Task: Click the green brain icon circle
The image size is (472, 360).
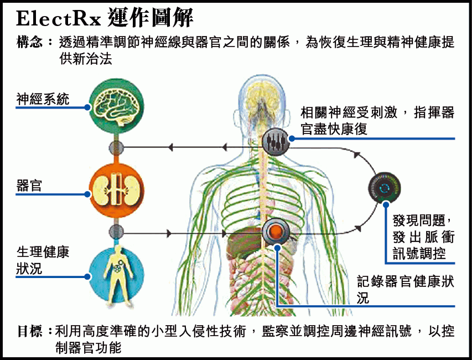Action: click(116, 106)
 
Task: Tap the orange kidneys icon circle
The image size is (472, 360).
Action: click(116, 189)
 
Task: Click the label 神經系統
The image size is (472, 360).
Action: click(43, 99)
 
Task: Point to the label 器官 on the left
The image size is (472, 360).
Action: click(29, 186)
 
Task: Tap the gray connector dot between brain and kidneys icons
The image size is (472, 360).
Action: click(116, 147)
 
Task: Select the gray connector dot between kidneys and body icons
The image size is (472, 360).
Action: click(116, 232)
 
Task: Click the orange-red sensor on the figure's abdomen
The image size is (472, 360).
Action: click(275, 230)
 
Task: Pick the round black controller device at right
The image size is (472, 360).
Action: click(384, 188)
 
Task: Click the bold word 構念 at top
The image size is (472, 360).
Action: click(31, 42)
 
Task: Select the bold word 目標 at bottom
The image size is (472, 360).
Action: click(31, 331)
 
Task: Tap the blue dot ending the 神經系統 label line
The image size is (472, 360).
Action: click(87, 106)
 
